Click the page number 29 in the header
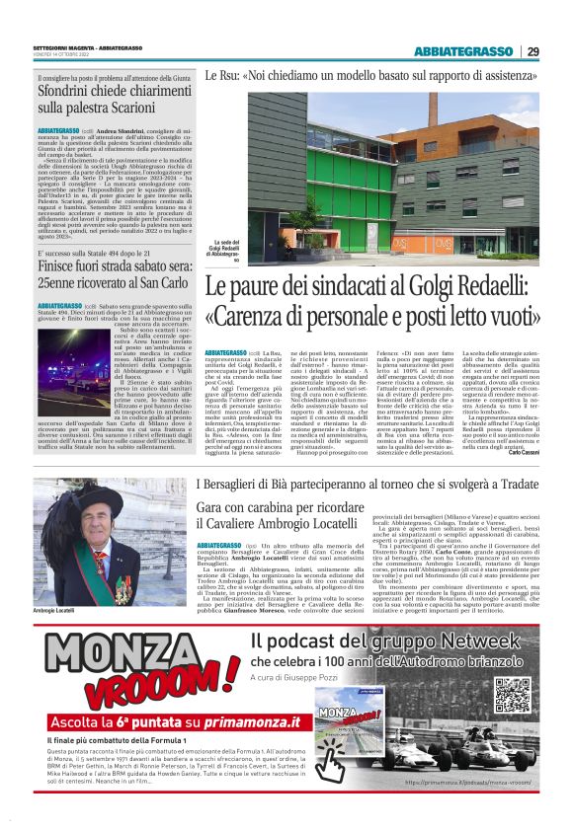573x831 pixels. (532, 52)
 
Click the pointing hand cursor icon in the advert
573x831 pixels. (330, 762)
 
